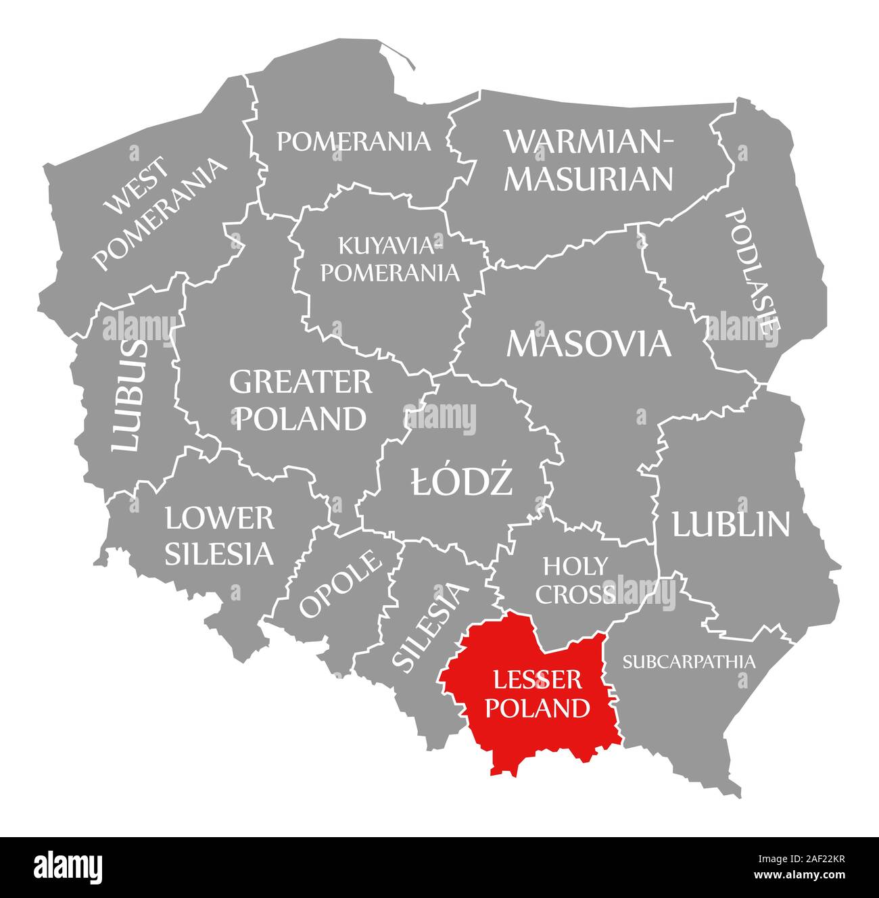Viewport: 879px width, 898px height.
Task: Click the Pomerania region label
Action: tap(354, 141)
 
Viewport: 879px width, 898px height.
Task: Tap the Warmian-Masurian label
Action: tap(589, 160)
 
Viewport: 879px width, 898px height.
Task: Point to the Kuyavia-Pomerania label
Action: tap(389, 258)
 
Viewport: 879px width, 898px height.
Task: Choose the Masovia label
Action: tap(589, 344)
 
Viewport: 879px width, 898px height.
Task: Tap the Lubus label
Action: tap(128, 396)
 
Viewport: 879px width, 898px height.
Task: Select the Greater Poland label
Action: tap(301, 400)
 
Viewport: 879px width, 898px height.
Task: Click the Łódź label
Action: tap(462, 483)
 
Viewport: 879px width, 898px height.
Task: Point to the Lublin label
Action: tap(730, 524)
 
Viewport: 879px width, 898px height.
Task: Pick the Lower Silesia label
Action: tap(220, 536)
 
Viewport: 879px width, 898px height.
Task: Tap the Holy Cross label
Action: tap(575, 580)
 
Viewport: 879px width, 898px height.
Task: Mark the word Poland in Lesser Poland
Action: tap(538, 708)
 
